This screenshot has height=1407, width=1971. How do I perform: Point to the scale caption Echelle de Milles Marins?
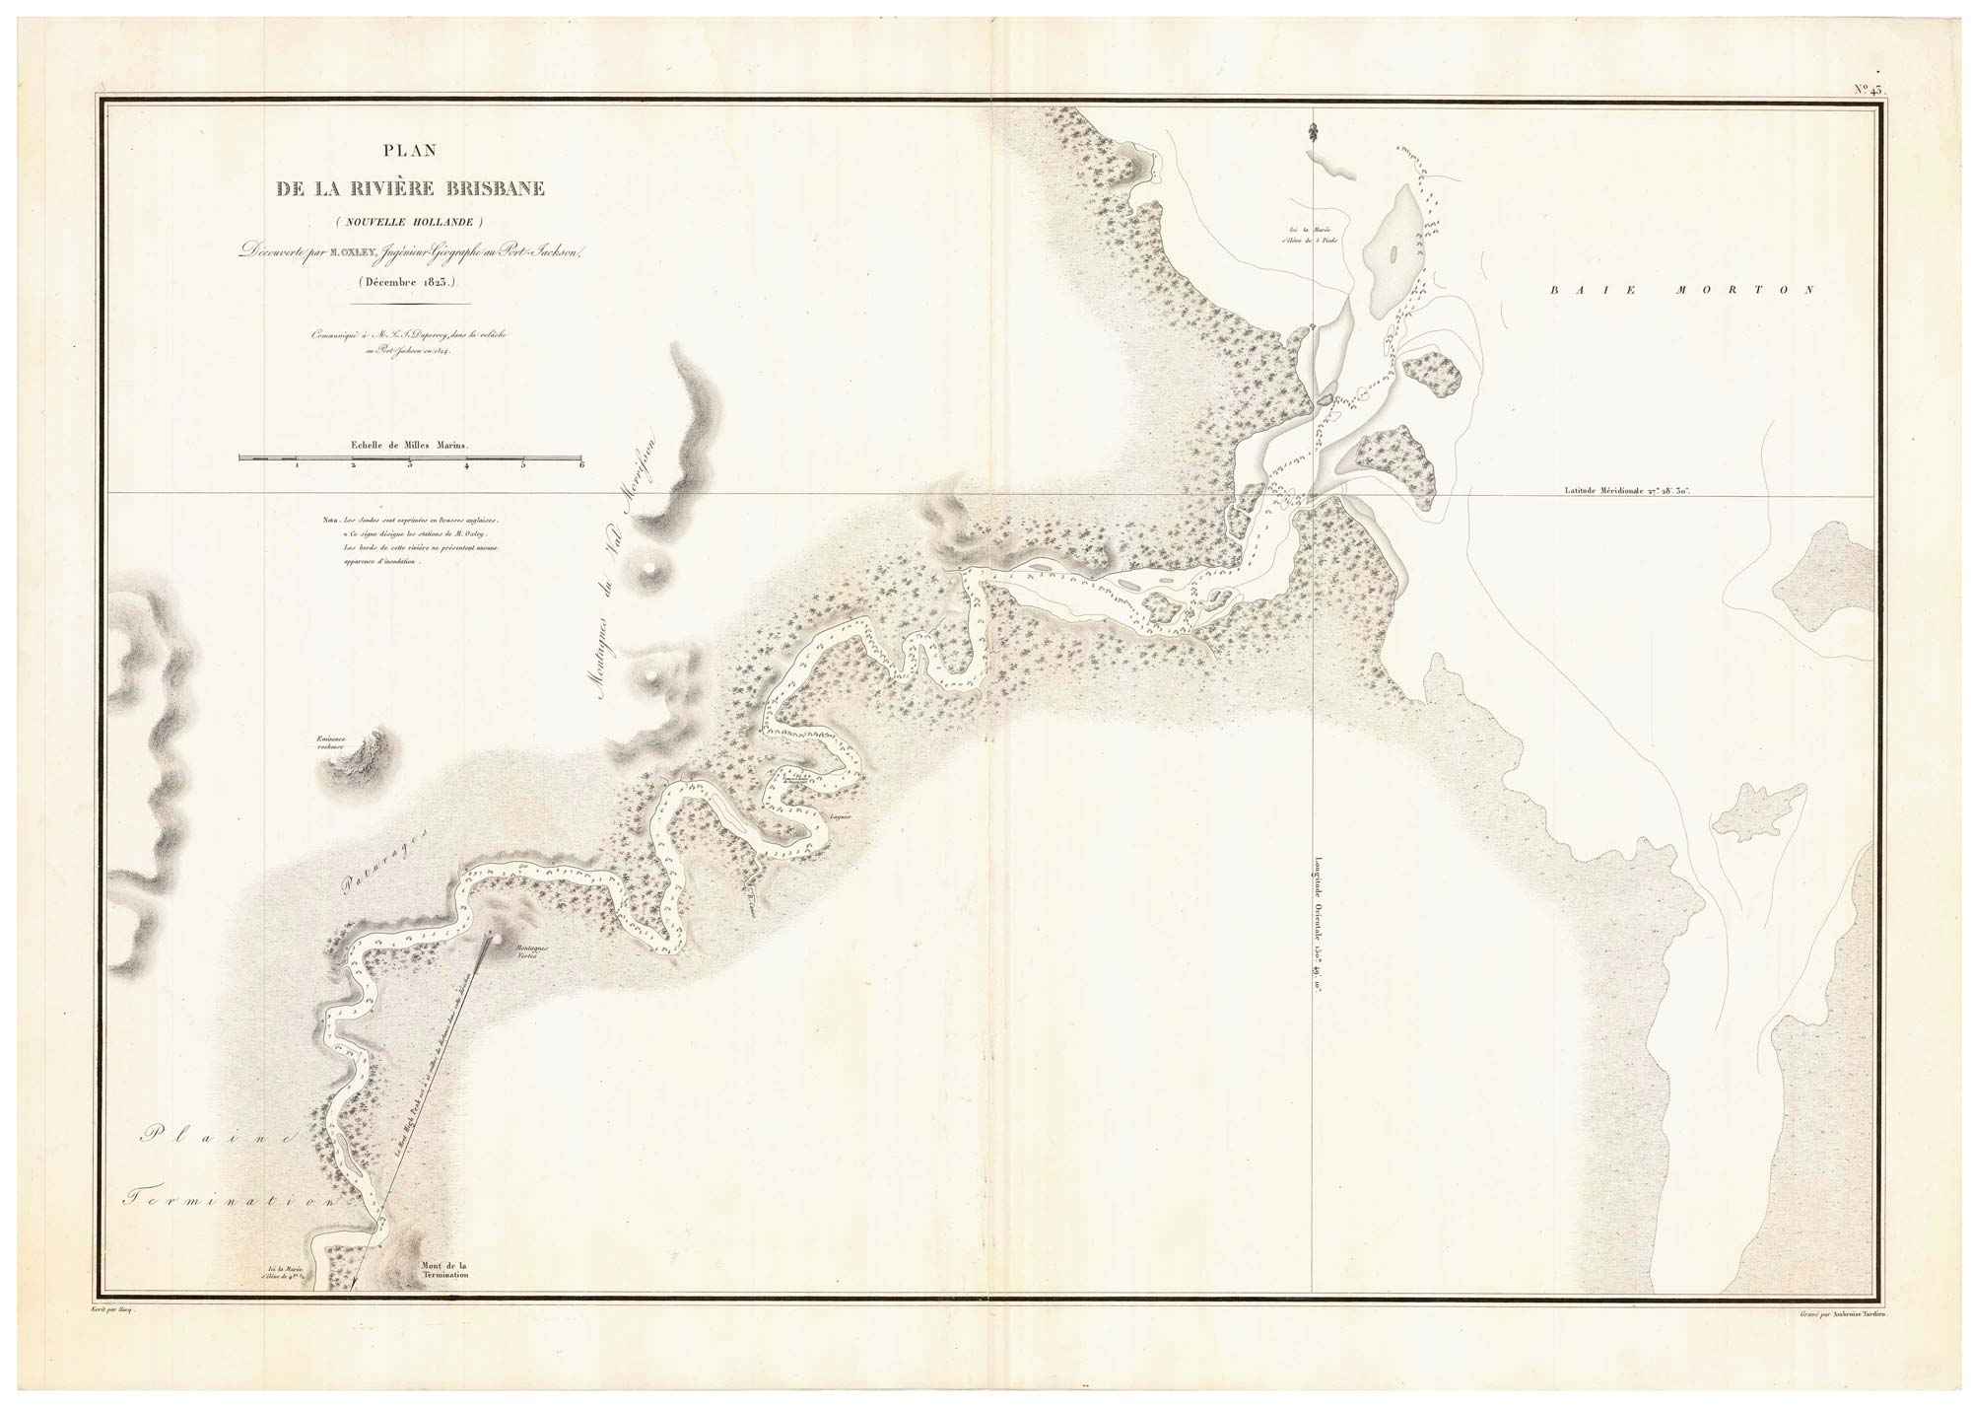(410, 445)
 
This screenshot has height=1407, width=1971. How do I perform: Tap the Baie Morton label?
(1681, 291)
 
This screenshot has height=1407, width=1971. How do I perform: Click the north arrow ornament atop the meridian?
(1313, 131)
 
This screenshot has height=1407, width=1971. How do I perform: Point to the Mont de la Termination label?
(442, 1270)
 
